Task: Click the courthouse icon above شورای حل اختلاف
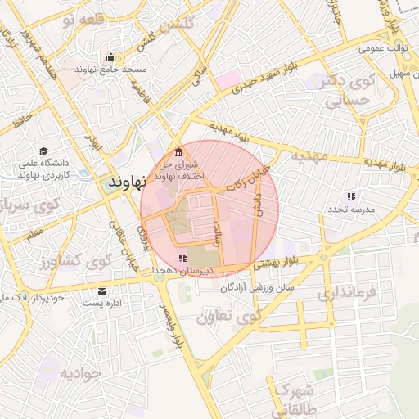(x=179, y=152)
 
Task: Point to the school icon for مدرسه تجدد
(x=351, y=196)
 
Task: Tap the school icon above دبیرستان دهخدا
(x=181, y=259)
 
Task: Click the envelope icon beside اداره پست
(x=101, y=291)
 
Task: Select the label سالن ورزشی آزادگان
(x=255, y=289)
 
